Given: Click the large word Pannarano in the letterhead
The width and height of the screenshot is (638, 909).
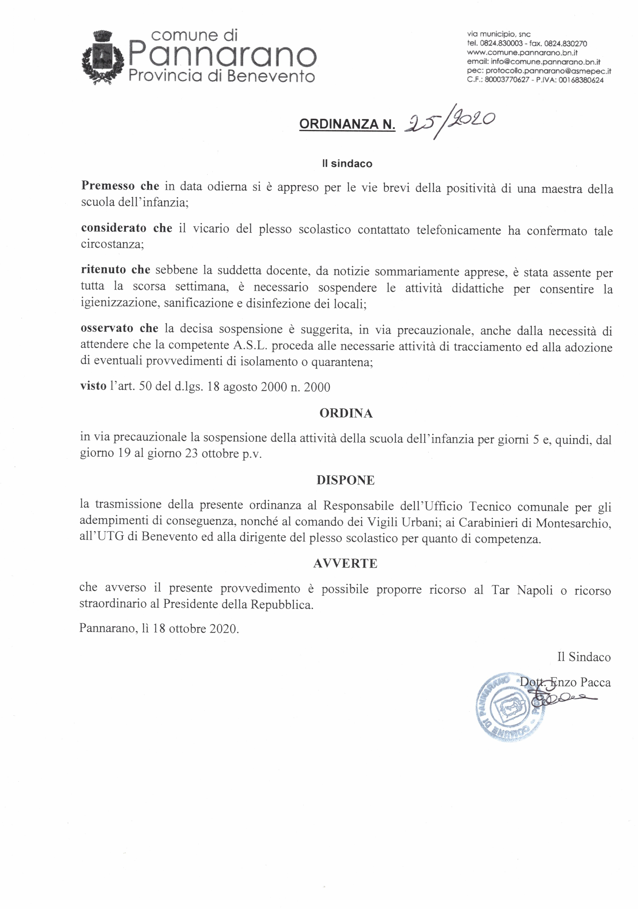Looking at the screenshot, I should pyautogui.click(x=222, y=56).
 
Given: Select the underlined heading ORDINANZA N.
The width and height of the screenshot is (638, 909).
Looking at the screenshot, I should pyautogui.click(x=347, y=124).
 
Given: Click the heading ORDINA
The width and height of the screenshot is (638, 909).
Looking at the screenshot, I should pyautogui.click(x=346, y=413).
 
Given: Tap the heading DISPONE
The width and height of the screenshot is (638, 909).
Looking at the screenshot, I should pyautogui.click(x=346, y=480).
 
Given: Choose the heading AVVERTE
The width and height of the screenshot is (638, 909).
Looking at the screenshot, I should pyautogui.click(x=345, y=563).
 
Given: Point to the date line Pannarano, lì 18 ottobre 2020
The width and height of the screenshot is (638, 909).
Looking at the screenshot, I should pyautogui.click(x=159, y=629).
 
